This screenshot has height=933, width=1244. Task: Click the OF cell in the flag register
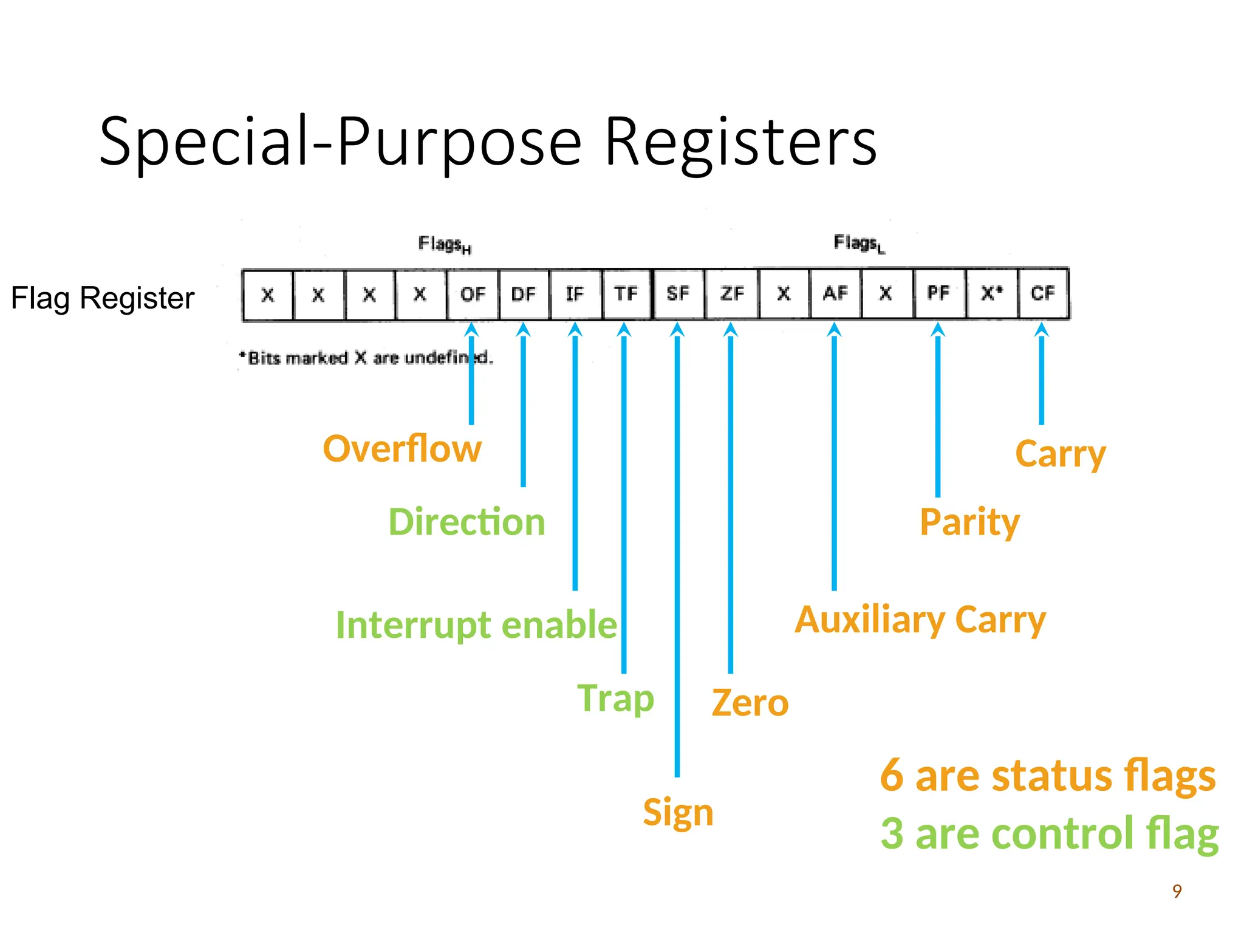pyautogui.click(x=473, y=295)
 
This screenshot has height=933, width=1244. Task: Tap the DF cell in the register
pyautogui.click(x=524, y=295)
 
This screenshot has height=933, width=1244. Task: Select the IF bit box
pyautogui.click(x=575, y=295)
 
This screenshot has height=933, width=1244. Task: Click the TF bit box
pyautogui.click(x=626, y=295)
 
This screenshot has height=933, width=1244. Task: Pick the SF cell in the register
pyautogui.click(x=678, y=294)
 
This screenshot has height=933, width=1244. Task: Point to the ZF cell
pyautogui.click(x=732, y=294)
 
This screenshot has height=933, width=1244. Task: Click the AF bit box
pyautogui.click(x=835, y=294)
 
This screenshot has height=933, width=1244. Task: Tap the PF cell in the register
pyautogui.click(x=938, y=293)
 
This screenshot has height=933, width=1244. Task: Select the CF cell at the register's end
pyautogui.click(x=1042, y=293)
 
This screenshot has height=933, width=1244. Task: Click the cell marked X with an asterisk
pyautogui.click(x=991, y=293)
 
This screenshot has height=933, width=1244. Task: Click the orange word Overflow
pyautogui.click(x=402, y=449)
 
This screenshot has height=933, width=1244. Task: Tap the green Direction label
pyautogui.click(x=466, y=522)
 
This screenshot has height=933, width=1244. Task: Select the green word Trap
pyautogui.click(x=615, y=699)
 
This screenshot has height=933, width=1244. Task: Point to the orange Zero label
pyautogui.click(x=750, y=703)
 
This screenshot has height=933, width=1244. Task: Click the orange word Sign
pyautogui.click(x=678, y=813)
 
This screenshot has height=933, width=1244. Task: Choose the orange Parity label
pyautogui.click(x=969, y=522)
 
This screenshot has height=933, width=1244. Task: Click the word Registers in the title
pyautogui.click(x=740, y=142)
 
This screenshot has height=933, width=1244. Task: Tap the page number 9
pyautogui.click(x=1177, y=891)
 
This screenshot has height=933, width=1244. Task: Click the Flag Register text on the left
pyautogui.click(x=103, y=298)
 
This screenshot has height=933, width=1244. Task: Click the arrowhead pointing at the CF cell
pyautogui.click(x=1041, y=330)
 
